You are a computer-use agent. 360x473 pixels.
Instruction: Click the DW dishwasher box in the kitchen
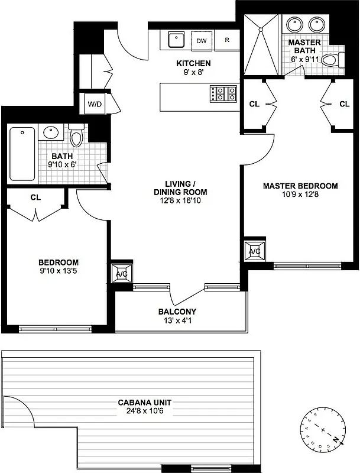tap(202, 41)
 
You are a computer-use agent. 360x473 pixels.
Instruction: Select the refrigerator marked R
tap(227, 41)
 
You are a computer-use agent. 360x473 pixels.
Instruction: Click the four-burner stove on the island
tap(223, 93)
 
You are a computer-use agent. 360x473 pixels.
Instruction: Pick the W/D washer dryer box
tap(95, 105)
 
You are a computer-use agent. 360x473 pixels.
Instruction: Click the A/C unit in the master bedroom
tap(255, 251)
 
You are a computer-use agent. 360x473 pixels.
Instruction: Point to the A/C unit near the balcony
tap(121, 274)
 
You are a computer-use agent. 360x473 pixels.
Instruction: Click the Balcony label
tap(177, 312)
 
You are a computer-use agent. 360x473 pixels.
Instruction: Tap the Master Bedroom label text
tap(300, 186)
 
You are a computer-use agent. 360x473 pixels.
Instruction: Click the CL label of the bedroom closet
tap(35, 197)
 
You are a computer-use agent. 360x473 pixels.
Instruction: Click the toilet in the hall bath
tap(76, 136)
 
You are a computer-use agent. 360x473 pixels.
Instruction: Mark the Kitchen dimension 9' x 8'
tap(193, 74)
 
